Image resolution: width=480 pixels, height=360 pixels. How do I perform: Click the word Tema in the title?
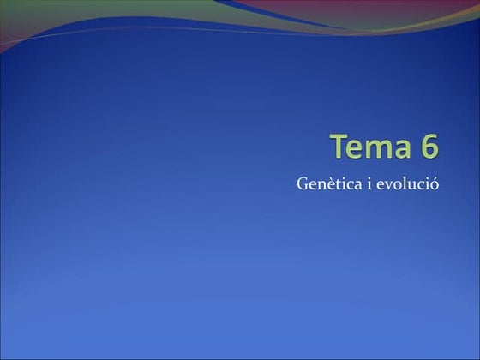371,147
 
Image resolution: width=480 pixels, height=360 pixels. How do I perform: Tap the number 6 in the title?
429,147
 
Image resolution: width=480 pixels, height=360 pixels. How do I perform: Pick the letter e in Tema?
359,149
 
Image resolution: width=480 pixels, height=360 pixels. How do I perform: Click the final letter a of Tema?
401,149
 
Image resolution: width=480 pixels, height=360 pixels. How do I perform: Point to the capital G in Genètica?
302,183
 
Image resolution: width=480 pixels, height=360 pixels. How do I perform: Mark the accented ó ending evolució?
435,183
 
